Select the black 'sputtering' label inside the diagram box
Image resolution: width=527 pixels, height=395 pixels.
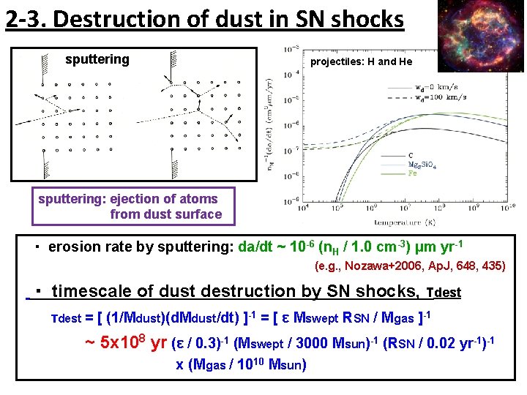coord(97,59)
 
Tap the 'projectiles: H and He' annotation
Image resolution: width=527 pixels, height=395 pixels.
coord(362,61)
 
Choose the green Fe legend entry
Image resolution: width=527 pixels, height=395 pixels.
coord(413,174)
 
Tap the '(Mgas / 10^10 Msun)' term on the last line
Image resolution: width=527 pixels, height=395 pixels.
coord(241,364)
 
